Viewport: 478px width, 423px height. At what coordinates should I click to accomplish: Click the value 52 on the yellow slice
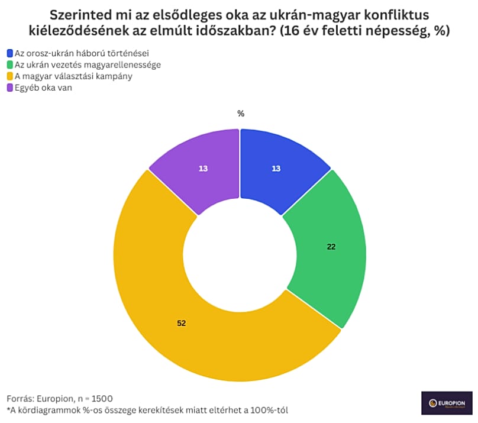(x=182, y=323)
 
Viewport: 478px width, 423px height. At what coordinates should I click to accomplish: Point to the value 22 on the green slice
(x=331, y=247)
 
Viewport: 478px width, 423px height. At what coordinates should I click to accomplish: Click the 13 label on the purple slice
(x=203, y=169)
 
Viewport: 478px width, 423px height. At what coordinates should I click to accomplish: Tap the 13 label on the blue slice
(x=276, y=169)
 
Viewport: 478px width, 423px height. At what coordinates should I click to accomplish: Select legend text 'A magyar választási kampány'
(x=73, y=76)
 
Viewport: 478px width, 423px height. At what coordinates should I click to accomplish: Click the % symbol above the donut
(x=241, y=114)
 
